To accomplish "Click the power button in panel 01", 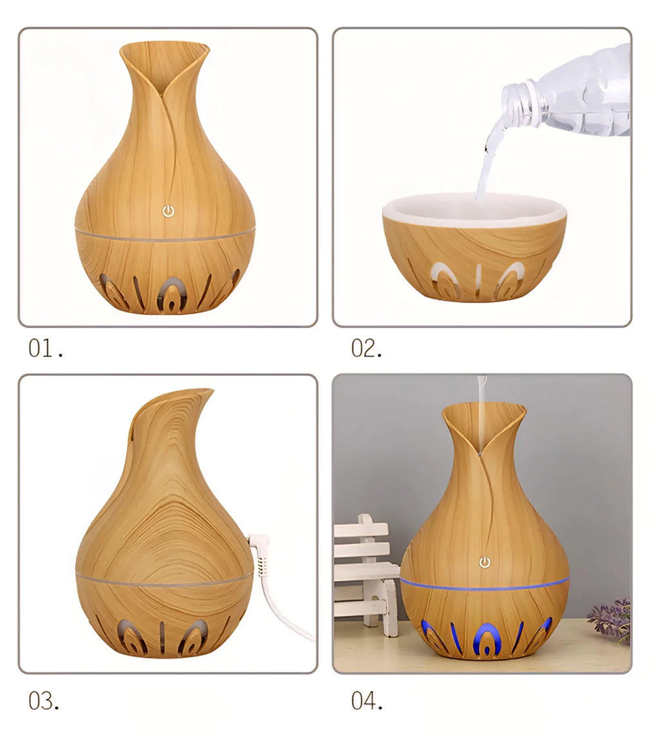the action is coord(169,211).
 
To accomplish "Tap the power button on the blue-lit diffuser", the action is coord(485,562).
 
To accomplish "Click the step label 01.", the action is coord(46,349).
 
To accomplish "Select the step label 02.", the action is coord(367,349).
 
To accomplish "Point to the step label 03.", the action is coord(44,701).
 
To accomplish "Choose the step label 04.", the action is coord(367,701).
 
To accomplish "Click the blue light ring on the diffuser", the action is coord(485,584).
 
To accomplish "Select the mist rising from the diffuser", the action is coord(481,411).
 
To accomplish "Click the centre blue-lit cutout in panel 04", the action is coord(485,640).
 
